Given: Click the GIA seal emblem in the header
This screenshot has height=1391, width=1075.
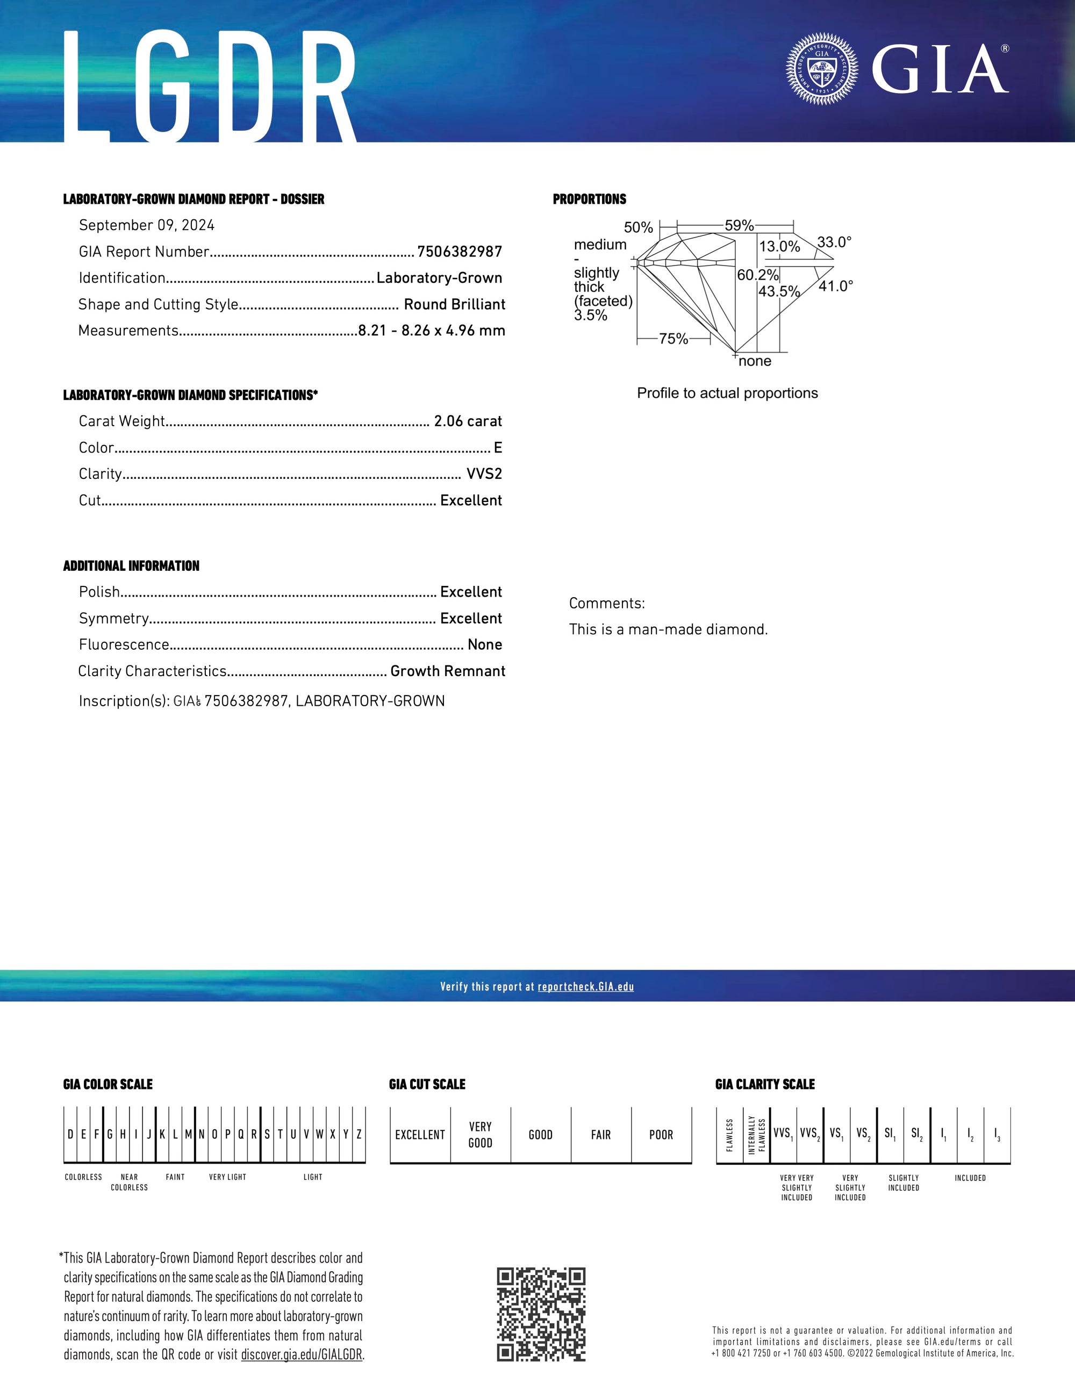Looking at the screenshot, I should (x=821, y=68).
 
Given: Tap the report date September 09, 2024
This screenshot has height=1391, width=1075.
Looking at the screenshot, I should (x=147, y=225).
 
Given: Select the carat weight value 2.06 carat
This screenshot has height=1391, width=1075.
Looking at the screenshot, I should (x=468, y=421).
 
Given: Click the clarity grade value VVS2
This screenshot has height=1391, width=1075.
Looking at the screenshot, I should (x=484, y=474).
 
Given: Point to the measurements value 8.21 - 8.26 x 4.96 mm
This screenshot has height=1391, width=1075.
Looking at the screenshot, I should (x=431, y=331).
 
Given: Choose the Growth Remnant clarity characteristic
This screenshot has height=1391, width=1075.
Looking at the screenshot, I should (x=448, y=671).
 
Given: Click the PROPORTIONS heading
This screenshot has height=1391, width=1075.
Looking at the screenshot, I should (x=589, y=199).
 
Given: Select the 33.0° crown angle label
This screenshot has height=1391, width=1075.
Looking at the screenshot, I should (x=834, y=242).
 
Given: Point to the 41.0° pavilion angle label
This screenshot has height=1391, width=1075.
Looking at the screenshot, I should (x=836, y=286).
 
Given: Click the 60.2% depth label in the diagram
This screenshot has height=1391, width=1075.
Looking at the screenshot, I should (x=758, y=275).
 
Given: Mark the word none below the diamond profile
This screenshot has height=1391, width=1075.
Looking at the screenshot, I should (x=755, y=362).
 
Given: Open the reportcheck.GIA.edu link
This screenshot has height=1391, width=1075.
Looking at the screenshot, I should (x=585, y=987).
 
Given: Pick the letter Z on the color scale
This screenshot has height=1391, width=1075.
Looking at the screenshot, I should (x=359, y=1134).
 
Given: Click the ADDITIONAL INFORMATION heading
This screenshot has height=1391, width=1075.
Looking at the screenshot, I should (x=131, y=566).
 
